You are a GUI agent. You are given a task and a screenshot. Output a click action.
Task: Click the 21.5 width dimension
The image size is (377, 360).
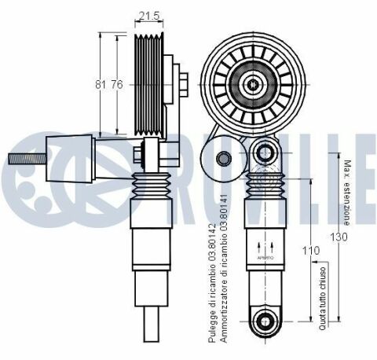149,16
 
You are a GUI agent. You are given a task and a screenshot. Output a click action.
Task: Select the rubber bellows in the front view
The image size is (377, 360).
264,187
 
